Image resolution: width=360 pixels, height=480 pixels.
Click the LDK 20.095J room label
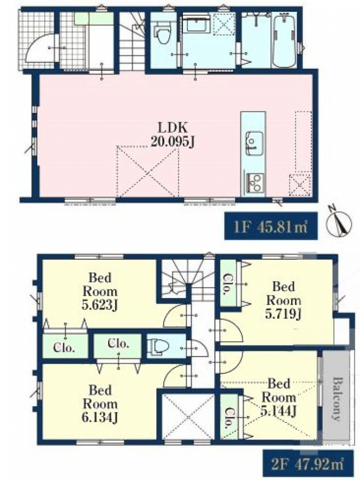(x=172, y=135)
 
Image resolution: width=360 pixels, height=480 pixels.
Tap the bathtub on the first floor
(x=284, y=41)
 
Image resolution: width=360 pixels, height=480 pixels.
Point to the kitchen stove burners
(x=254, y=182)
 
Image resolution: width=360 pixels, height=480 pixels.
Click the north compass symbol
(x=339, y=222)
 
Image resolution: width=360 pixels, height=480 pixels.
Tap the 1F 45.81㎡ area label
(x=271, y=227)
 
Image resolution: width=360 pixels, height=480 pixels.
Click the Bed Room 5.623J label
(x=100, y=291)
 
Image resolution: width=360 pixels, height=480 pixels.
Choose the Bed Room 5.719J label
(x=283, y=300)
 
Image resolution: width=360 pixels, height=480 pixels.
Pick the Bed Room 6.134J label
(x=100, y=404)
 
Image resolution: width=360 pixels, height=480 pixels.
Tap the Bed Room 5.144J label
(x=278, y=397)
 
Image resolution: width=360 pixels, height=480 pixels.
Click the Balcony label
(x=338, y=399)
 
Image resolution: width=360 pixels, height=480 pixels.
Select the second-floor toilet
(x=158, y=346)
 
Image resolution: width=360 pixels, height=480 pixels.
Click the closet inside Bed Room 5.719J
(x=228, y=284)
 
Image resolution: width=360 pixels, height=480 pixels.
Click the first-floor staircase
(x=132, y=41)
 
